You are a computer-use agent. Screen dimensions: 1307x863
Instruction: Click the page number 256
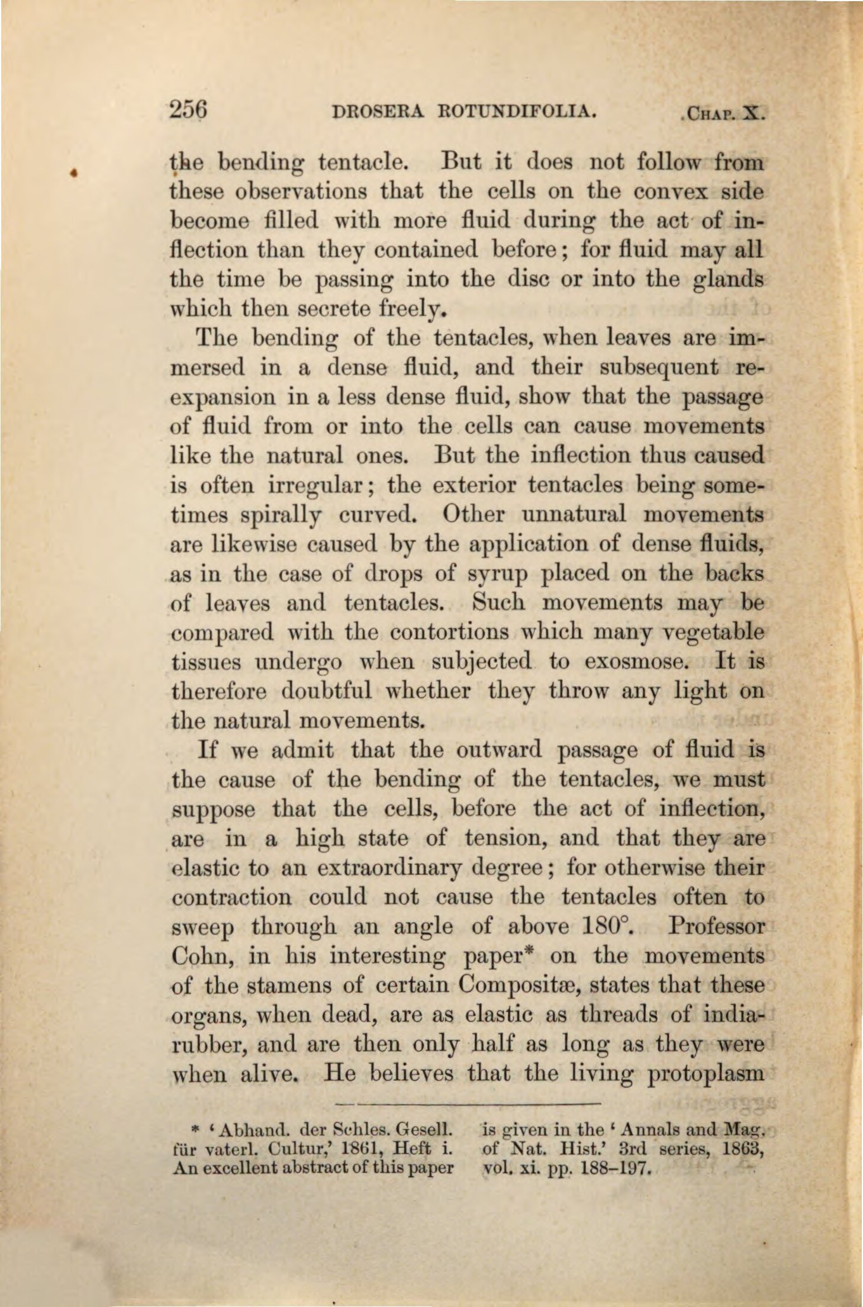point(186,109)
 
